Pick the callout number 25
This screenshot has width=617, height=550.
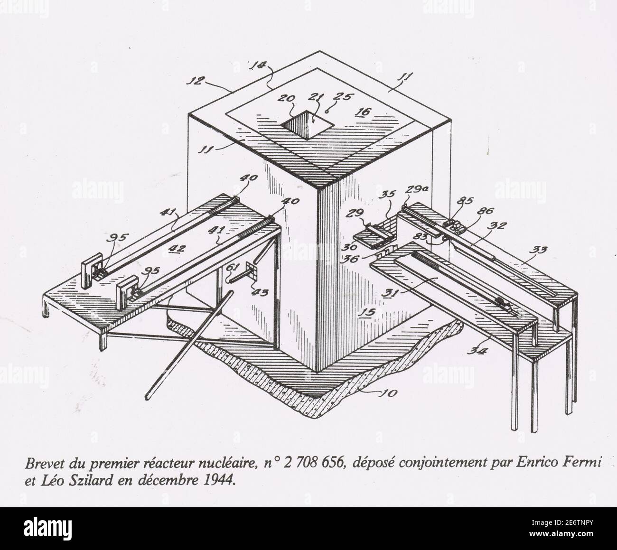coord(337,96)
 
